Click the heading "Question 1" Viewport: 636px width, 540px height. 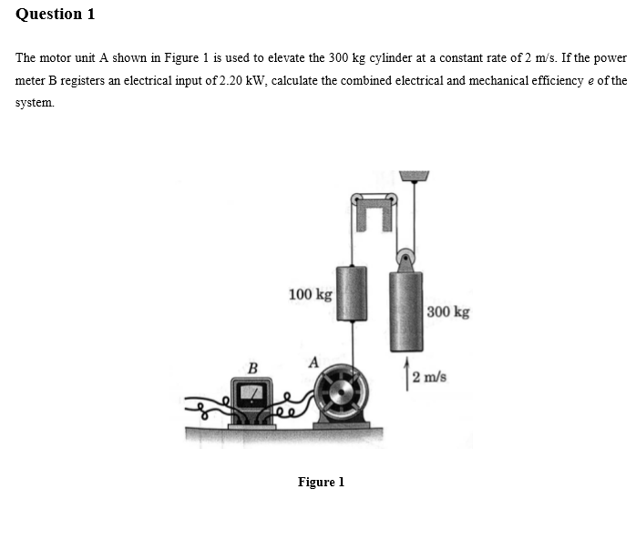(x=56, y=15)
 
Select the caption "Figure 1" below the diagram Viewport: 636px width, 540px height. (x=321, y=482)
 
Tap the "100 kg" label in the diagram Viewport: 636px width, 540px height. (x=310, y=294)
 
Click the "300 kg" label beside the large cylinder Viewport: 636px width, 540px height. (x=448, y=312)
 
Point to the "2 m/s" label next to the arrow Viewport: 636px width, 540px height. (x=428, y=378)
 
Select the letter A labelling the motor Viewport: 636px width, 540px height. (x=313, y=362)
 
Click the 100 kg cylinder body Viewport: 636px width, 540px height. (x=351, y=293)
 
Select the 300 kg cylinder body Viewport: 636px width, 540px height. (x=405, y=310)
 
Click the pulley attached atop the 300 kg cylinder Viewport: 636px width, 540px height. (x=405, y=258)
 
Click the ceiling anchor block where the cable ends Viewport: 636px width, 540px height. (x=415, y=175)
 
